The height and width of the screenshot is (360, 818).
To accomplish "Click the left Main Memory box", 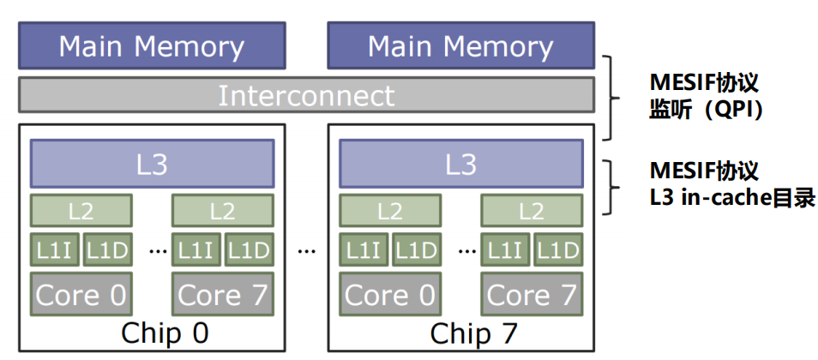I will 152,46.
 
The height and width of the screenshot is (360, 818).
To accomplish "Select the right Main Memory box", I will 460,46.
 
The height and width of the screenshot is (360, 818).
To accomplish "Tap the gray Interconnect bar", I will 306,95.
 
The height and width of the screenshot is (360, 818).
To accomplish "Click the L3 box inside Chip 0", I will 152,164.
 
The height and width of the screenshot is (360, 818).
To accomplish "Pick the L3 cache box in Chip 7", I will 460,164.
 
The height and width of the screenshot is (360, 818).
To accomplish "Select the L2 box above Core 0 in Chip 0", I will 81,210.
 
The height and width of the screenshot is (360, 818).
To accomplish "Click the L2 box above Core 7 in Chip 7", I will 532,210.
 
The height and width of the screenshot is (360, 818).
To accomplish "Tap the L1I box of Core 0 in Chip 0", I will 55,249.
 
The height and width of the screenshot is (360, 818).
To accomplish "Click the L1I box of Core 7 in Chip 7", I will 504,249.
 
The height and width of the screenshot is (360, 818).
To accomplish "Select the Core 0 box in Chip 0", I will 81,295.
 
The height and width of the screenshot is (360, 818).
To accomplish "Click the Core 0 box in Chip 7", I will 390,295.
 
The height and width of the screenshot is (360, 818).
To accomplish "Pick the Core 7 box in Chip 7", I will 532,295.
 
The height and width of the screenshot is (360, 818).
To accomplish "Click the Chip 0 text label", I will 165,333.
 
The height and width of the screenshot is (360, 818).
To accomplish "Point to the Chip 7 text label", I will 472,333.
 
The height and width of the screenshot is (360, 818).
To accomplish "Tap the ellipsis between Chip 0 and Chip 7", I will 306,251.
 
